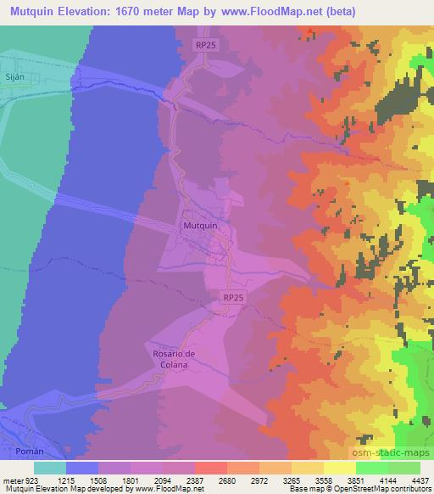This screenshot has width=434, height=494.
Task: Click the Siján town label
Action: click(x=14, y=76)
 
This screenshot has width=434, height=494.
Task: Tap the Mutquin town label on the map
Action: click(x=200, y=227)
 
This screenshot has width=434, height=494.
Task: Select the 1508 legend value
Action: click(x=99, y=478)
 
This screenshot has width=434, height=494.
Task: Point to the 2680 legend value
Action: click(x=227, y=478)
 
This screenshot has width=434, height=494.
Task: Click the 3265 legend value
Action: click(x=292, y=478)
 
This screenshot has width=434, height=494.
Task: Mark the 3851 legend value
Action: click(x=356, y=478)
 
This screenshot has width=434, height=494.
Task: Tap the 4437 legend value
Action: click(x=420, y=478)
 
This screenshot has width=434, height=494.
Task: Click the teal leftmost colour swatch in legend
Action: click(x=50, y=467)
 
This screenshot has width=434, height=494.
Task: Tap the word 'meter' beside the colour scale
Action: click(x=13, y=478)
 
